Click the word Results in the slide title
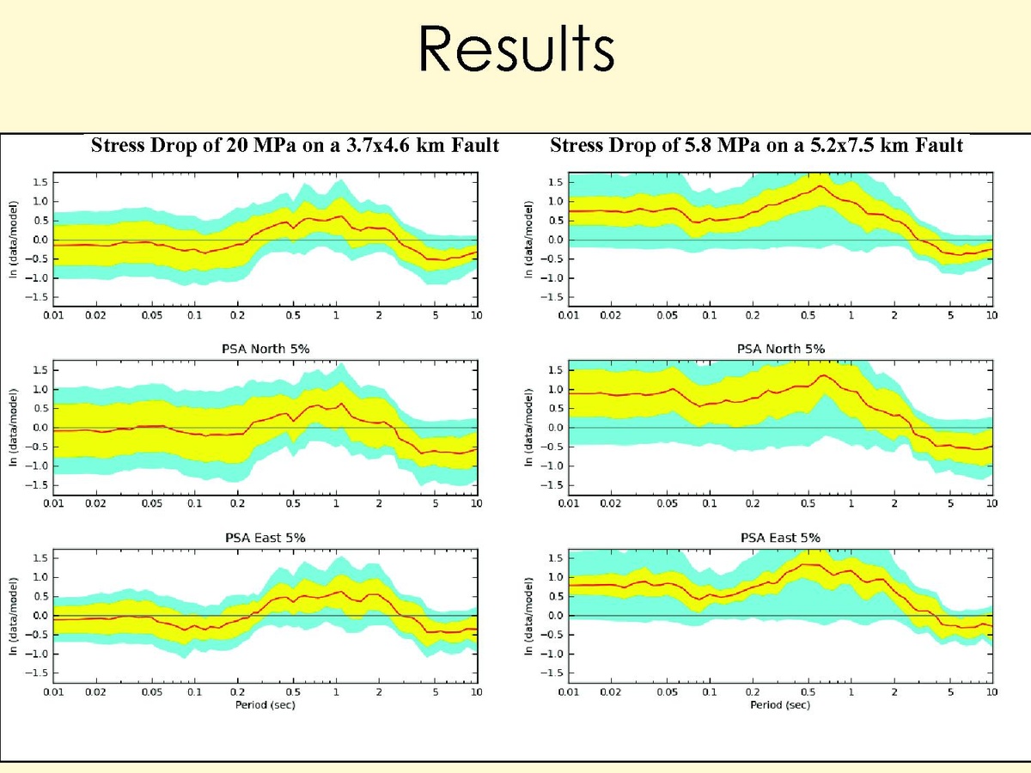[516, 50]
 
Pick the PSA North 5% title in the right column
[781, 349]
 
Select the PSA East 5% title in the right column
[781, 538]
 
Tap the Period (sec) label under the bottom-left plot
[266, 705]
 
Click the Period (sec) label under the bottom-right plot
[780, 705]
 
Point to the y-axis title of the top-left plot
[16, 240]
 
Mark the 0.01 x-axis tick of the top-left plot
[53, 315]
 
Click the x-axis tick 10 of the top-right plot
[991, 315]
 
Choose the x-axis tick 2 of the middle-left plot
[379, 503]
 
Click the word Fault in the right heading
[939, 146]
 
